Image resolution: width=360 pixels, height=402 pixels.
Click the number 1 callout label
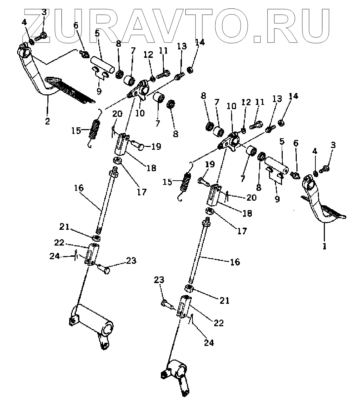pos(325,247)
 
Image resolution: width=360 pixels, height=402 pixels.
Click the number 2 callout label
pos(47,121)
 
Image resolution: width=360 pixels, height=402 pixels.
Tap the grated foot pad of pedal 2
pos(70,90)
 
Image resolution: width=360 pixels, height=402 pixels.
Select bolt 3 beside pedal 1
pos(325,168)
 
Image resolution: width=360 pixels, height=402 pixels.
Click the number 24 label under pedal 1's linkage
pos(209,342)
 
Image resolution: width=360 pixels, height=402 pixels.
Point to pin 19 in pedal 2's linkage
pos(137,144)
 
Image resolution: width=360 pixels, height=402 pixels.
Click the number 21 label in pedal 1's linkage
pos(224,301)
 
